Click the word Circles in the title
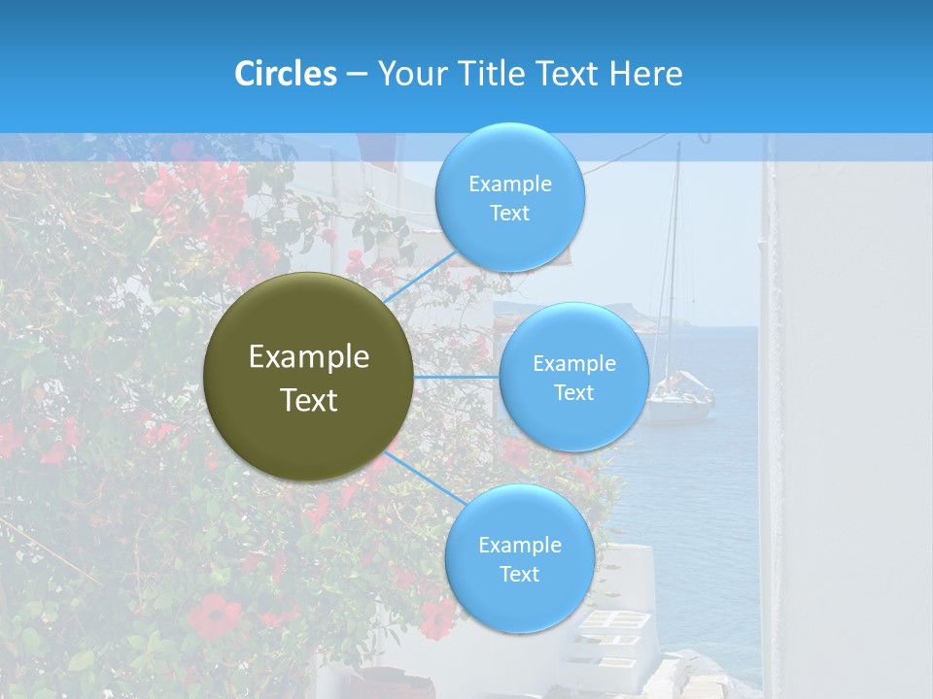pyautogui.click(x=286, y=74)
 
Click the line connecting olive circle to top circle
pyautogui.click(x=420, y=276)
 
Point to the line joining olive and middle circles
pyautogui.click(x=457, y=377)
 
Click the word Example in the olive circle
pyautogui.click(x=309, y=357)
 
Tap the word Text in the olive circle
pyautogui.click(x=309, y=400)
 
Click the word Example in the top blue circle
pyautogui.click(x=509, y=184)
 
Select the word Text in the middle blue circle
pyautogui.click(x=574, y=393)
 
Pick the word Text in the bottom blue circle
pyautogui.click(x=519, y=575)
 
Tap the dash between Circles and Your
pyautogui.click(x=357, y=74)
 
